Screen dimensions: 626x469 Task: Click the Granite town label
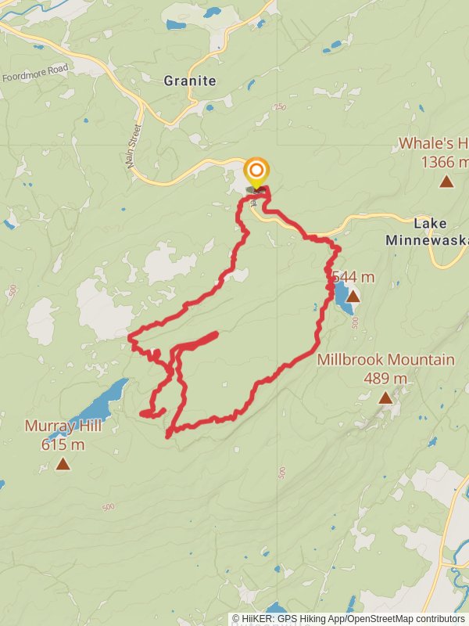[x=190, y=81]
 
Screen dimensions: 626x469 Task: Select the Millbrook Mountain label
[x=385, y=360]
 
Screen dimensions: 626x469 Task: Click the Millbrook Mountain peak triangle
[x=385, y=398]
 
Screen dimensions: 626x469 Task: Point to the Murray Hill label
[x=63, y=426]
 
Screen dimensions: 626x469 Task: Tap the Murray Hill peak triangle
[x=63, y=465]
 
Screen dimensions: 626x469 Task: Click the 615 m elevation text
[x=63, y=445]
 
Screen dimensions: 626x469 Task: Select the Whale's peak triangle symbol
[x=446, y=182]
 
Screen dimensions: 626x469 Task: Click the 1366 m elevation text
[x=444, y=162]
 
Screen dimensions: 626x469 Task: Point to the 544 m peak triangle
[x=353, y=297]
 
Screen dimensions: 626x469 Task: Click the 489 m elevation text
[x=385, y=379]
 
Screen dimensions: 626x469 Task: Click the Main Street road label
[x=134, y=146]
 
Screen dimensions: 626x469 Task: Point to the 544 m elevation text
[x=353, y=277]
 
